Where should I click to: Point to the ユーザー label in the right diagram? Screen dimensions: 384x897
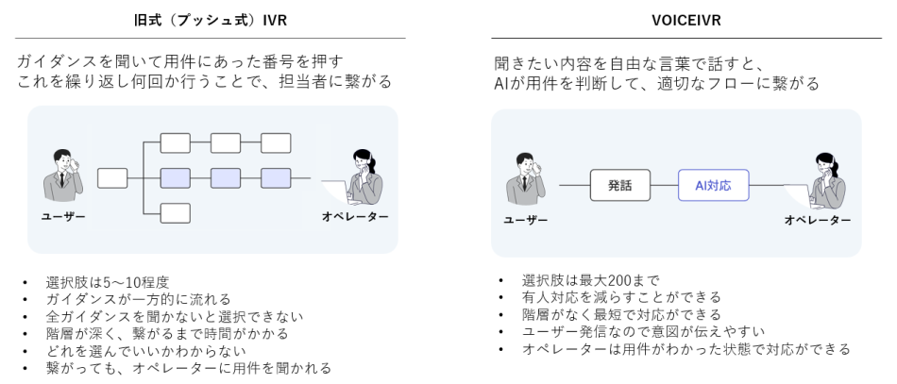click(x=526, y=219)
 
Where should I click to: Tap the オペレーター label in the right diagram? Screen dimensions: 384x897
click(x=817, y=219)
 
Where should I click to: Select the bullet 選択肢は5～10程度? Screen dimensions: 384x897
click(x=110, y=283)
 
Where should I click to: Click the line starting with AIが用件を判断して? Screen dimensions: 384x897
click(x=656, y=83)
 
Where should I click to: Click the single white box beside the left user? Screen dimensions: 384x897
click(x=112, y=177)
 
